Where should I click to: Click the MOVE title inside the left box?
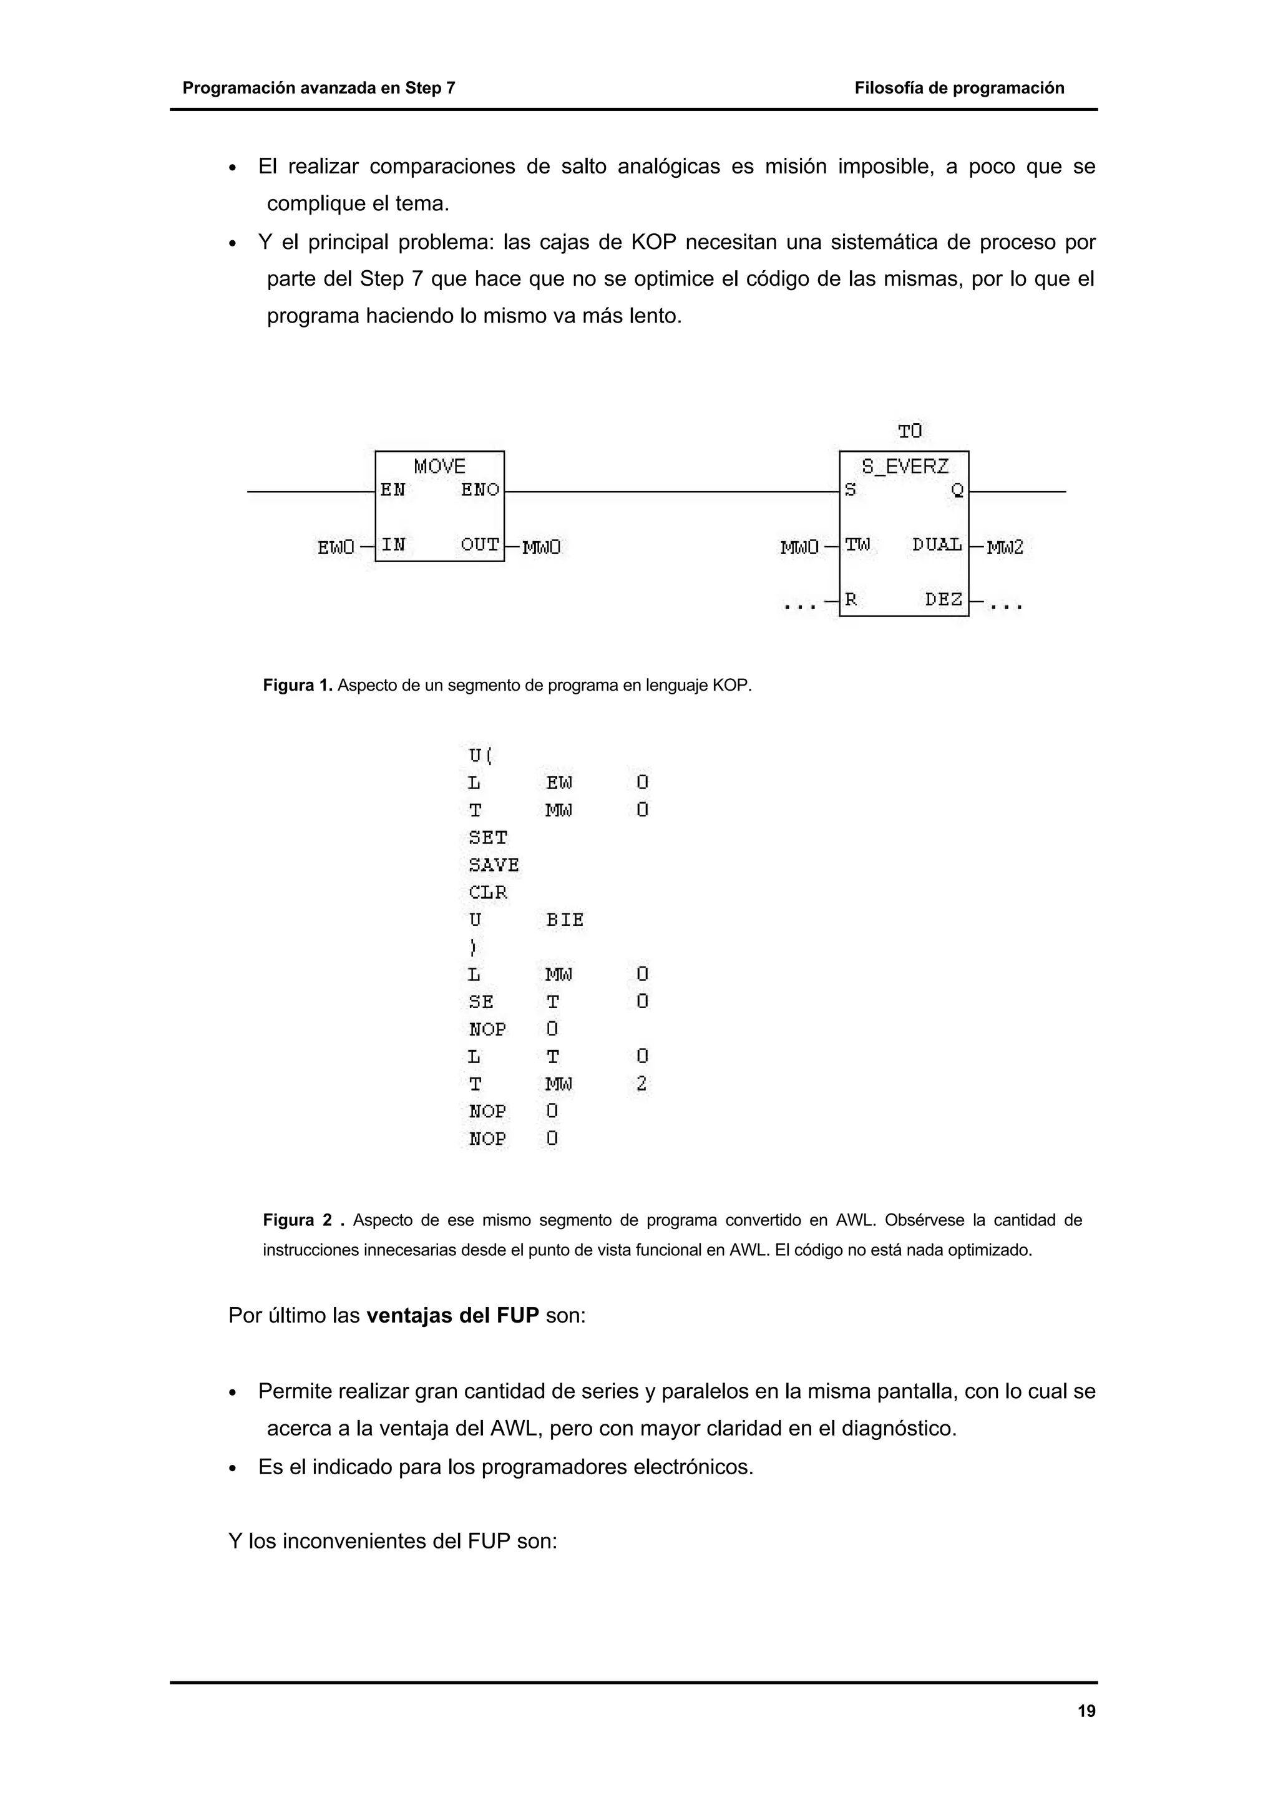(439, 466)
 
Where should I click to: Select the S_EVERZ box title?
(904, 466)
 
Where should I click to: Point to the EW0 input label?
(336, 547)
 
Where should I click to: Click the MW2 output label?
(1005, 547)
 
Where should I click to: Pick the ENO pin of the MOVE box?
(479, 490)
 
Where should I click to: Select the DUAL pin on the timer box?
(937, 545)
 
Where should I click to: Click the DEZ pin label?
(944, 600)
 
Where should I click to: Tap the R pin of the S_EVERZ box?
(851, 600)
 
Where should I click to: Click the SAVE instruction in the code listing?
(494, 865)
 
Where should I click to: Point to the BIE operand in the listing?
(565, 920)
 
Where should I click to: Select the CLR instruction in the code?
(488, 892)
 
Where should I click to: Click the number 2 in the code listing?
(641, 1084)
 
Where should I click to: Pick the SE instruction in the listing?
(481, 1002)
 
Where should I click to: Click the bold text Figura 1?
(298, 685)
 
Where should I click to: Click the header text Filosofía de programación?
(959, 88)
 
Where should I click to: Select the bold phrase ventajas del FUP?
(453, 1315)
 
